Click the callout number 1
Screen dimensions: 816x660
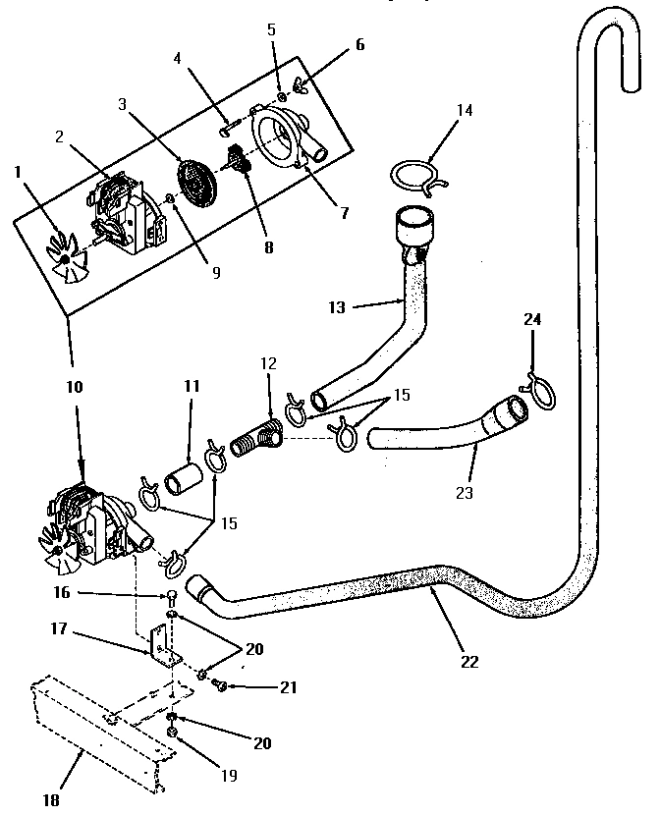(x=17, y=173)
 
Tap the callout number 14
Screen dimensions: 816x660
(x=465, y=110)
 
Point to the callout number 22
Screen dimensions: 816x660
(x=469, y=661)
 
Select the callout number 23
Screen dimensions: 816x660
(x=466, y=493)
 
